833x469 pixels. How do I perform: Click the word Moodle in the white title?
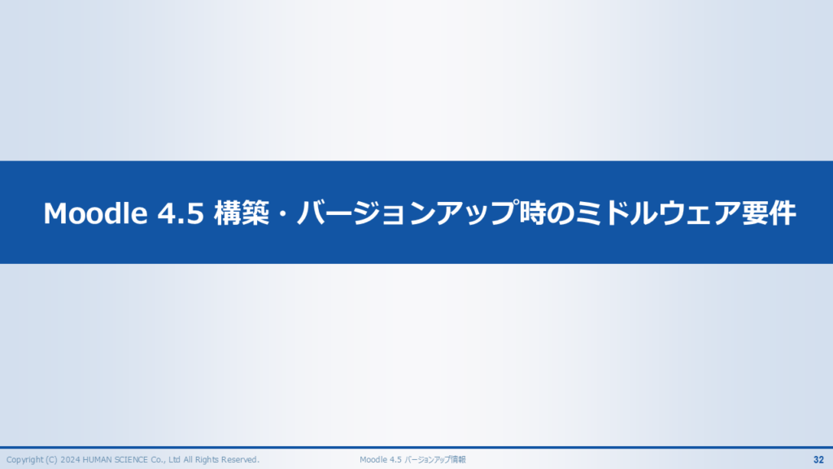click(x=95, y=213)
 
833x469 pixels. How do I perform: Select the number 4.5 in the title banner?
click(x=181, y=213)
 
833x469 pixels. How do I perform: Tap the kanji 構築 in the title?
click(x=241, y=213)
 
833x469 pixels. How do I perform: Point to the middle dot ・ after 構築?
click(x=282, y=213)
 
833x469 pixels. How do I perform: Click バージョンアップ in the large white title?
click(x=407, y=213)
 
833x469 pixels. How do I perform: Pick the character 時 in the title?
click(x=532, y=213)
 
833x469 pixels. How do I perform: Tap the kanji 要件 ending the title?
click(x=768, y=213)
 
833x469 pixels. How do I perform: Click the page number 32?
click(x=818, y=459)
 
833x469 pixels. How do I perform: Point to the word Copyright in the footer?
click(x=24, y=459)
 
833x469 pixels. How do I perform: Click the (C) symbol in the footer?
click(x=51, y=459)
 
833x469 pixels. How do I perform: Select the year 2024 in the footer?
click(x=70, y=459)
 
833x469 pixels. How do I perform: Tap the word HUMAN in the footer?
click(x=96, y=459)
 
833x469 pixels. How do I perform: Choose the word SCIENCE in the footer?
click(x=130, y=459)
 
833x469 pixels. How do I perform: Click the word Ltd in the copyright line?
click(x=174, y=459)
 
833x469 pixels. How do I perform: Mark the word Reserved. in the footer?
click(x=240, y=459)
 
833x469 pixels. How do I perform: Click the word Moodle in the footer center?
click(x=373, y=459)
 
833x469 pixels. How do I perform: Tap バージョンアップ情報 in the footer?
click(x=435, y=459)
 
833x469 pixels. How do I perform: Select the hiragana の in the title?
click(x=560, y=213)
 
